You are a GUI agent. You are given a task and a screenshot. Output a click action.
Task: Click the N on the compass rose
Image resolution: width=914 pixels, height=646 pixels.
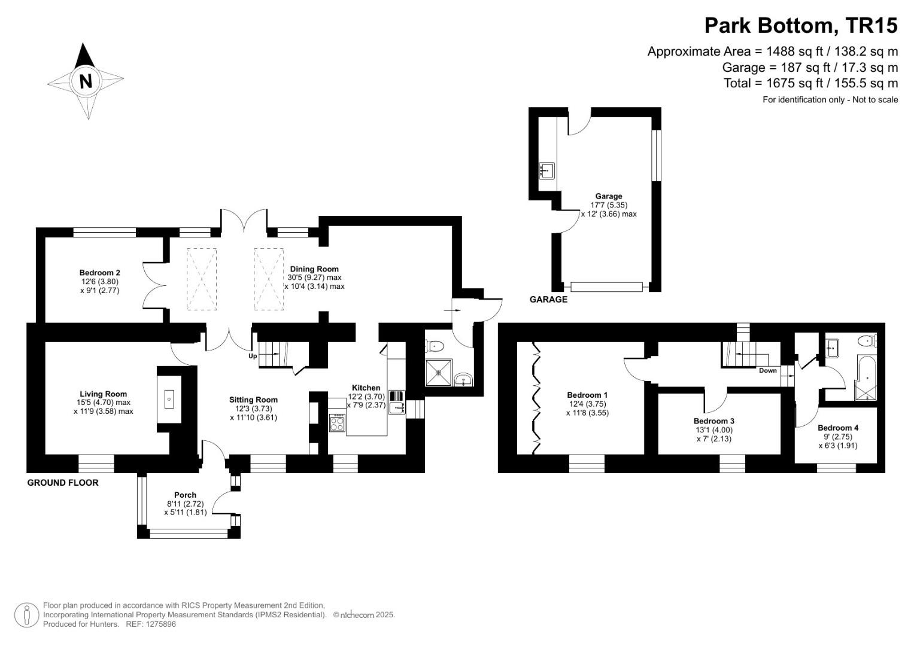pyautogui.click(x=86, y=81)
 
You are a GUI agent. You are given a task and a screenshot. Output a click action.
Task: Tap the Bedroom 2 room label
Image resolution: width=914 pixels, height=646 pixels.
pyautogui.click(x=100, y=273)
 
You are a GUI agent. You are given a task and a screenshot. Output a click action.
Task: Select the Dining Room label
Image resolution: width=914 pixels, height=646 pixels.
pyautogui.click(x=314, y=269)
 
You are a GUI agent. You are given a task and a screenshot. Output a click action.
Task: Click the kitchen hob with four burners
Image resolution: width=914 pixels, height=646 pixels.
pyautogui.click(x=337, y=423)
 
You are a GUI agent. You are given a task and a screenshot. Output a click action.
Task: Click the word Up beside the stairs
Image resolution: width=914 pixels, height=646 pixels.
pyautogui.click(x=253, y=356)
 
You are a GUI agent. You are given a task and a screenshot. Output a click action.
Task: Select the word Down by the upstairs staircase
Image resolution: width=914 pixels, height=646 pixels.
pyautogui.click(x=767, y=370)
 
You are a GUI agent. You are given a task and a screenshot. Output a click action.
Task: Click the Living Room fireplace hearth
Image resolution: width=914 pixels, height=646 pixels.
pyautogui.click(x=169, y=398)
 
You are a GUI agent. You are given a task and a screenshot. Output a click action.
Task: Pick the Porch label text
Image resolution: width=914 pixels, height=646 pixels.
pyautogui.click(x=185, y=495)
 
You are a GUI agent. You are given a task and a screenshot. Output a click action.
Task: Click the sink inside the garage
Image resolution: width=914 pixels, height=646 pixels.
pyautogui.click(x=546, y=170)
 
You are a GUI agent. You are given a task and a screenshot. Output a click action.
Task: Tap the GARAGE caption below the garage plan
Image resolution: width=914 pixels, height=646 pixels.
pyautogui.click(x=548, y=299)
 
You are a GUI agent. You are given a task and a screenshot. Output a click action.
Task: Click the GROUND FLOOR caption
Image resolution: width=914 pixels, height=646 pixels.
pyautogui.click(x=63, y=482)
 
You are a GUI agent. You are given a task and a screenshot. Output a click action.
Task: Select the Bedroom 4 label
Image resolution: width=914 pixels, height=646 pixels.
pyautogui.click(x=838, y=428)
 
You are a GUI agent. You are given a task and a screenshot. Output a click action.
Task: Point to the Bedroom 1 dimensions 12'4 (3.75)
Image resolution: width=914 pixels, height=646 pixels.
pyautogui.click(x=587, y=404)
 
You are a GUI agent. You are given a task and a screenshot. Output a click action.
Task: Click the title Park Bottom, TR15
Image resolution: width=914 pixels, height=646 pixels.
pyautogui.click(x=801, y=26)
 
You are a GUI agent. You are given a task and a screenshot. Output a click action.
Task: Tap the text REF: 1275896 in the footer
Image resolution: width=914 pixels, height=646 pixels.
pyautogui.click(x=150, y=624)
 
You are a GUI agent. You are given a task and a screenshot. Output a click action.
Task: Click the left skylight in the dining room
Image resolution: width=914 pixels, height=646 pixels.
pyautogui.click(x=201, y=279)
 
